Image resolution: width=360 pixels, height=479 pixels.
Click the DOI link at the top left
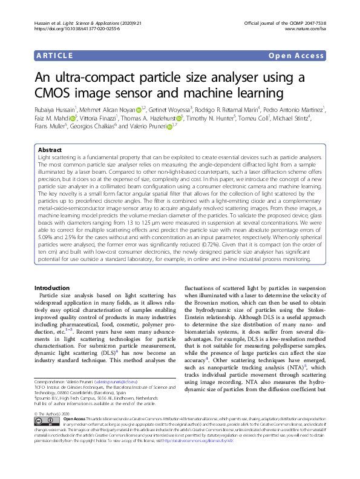(68, 28)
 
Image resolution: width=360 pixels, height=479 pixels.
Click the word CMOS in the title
(50, 94)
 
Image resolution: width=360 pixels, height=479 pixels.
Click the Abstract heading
(50, 149)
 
